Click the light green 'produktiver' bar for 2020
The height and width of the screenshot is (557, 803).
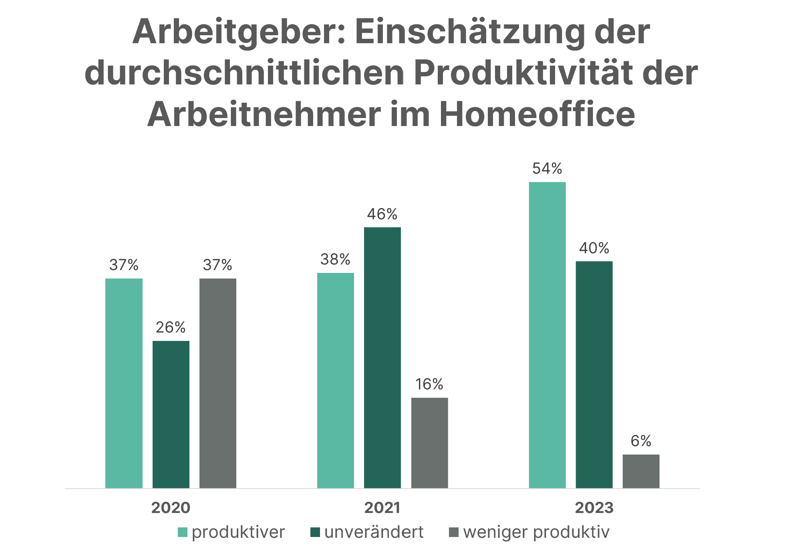click(124, 383)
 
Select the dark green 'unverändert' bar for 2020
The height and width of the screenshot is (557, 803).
click(171, 414)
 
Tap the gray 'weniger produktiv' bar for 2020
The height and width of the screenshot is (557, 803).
click(217, 383)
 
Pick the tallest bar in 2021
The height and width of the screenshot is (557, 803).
click(382, 357)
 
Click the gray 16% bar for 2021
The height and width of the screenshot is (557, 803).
click(429, 443)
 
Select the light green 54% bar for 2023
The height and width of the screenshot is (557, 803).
click(547, 335)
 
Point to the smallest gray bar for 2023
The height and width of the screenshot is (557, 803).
click(641, 471)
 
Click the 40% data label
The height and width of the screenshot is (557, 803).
click(594, 248)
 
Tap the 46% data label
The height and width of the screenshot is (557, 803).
click(382, 214)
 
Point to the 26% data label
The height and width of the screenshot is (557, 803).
click(171, 328)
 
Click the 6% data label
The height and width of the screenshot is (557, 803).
click(641, 441)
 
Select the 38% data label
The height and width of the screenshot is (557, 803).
click(335, 260)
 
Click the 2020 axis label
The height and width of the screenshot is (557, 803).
click(171, 508)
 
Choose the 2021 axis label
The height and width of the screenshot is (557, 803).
click(382, 508)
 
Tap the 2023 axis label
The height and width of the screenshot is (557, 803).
click(594, 508)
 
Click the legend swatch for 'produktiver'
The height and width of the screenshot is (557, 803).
click(182, 532)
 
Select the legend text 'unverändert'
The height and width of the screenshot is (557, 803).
click(374, 532)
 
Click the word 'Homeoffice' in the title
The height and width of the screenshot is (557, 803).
click(537, 114)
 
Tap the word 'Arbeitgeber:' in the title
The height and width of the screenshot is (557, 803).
click(239, 32)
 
